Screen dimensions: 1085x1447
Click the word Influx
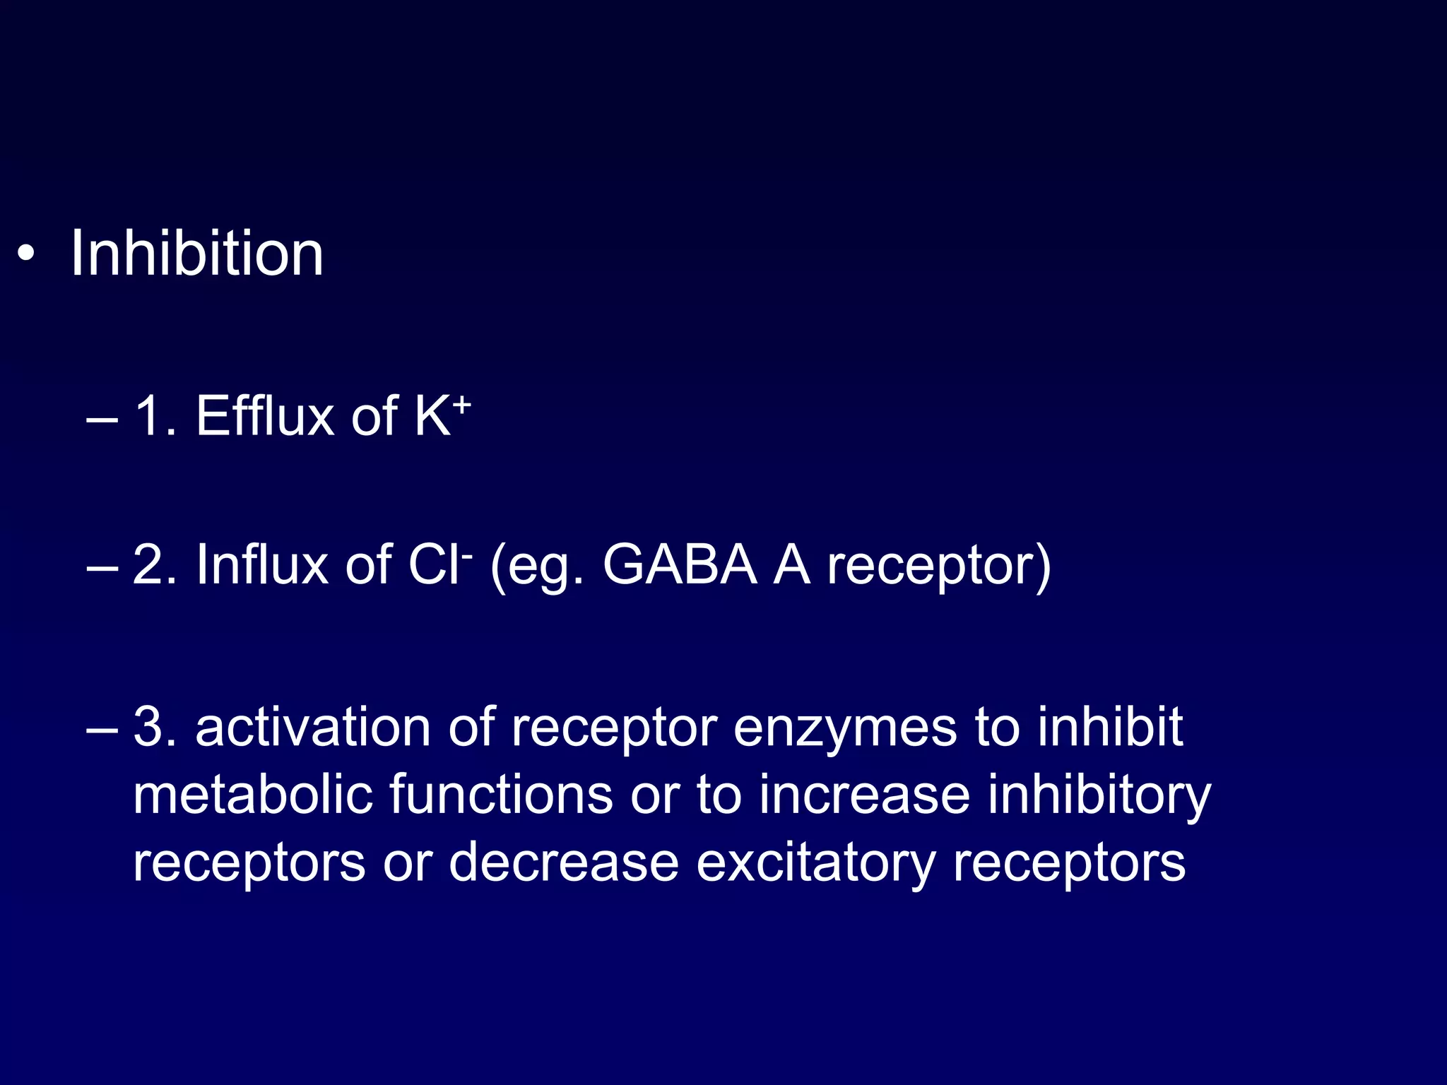261,564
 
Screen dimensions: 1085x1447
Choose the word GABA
680,564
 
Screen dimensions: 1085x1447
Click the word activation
313,727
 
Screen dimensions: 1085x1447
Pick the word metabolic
252,795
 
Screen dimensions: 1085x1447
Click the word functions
501,795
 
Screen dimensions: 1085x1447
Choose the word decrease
564,862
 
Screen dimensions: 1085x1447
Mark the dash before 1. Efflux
101,418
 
